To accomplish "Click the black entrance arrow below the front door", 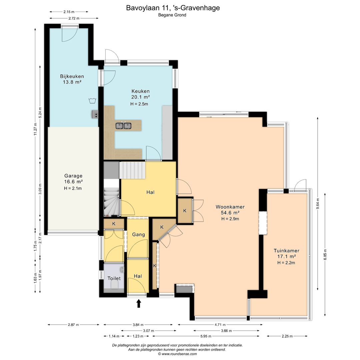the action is click(x=139, y=303).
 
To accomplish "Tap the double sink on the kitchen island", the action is click(x=124, y=126).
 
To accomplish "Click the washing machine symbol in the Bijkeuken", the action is click(x=92, y=100).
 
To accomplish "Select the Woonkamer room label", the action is click(x=230, y=207).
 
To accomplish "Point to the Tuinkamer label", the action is click(x=287, y=251).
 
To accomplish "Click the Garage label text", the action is click(x=73, y=176).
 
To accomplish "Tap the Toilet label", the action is click(x=114, y=278).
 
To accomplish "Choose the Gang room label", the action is click(x=138, y=235).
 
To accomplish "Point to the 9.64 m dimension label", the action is click(x=318, y=203).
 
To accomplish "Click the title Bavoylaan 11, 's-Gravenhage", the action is click(x=173, y=8).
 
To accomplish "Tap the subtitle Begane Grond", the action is click(x=172, y=15).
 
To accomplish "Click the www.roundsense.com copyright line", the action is click(x=177, y=354).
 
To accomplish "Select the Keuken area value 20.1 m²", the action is click(x=141, y=97).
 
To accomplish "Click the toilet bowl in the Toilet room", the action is click(x=114, y=285).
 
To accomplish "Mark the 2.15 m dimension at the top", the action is click(x=69, y=12).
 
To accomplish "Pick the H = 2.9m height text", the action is click(x=230, y=219).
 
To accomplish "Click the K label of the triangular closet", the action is click(x=162, y=227).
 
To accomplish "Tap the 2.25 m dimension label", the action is click(x=287, y=336).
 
